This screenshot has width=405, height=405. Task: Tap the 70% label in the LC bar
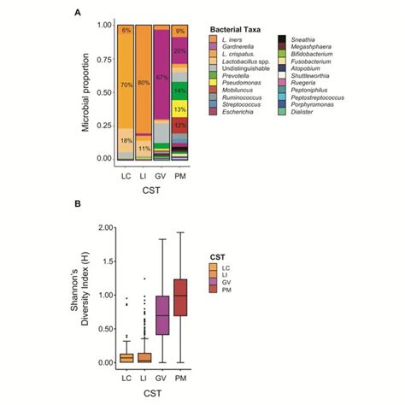click(x=126, y=85)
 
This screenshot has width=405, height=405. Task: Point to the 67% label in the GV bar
click(x=161, y=76)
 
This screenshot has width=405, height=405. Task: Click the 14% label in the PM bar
click(x=179, y=90)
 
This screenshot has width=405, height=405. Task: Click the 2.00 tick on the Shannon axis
click(x=103, y=227)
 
